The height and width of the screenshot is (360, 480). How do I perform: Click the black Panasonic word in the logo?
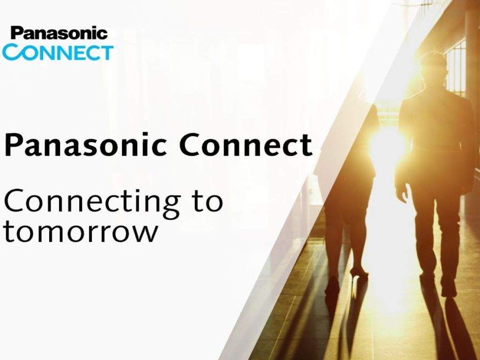pyautogui.click(x=60, y=33)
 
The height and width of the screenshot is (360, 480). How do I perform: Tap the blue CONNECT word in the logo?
pyautogui.click(x=58, y=52)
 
